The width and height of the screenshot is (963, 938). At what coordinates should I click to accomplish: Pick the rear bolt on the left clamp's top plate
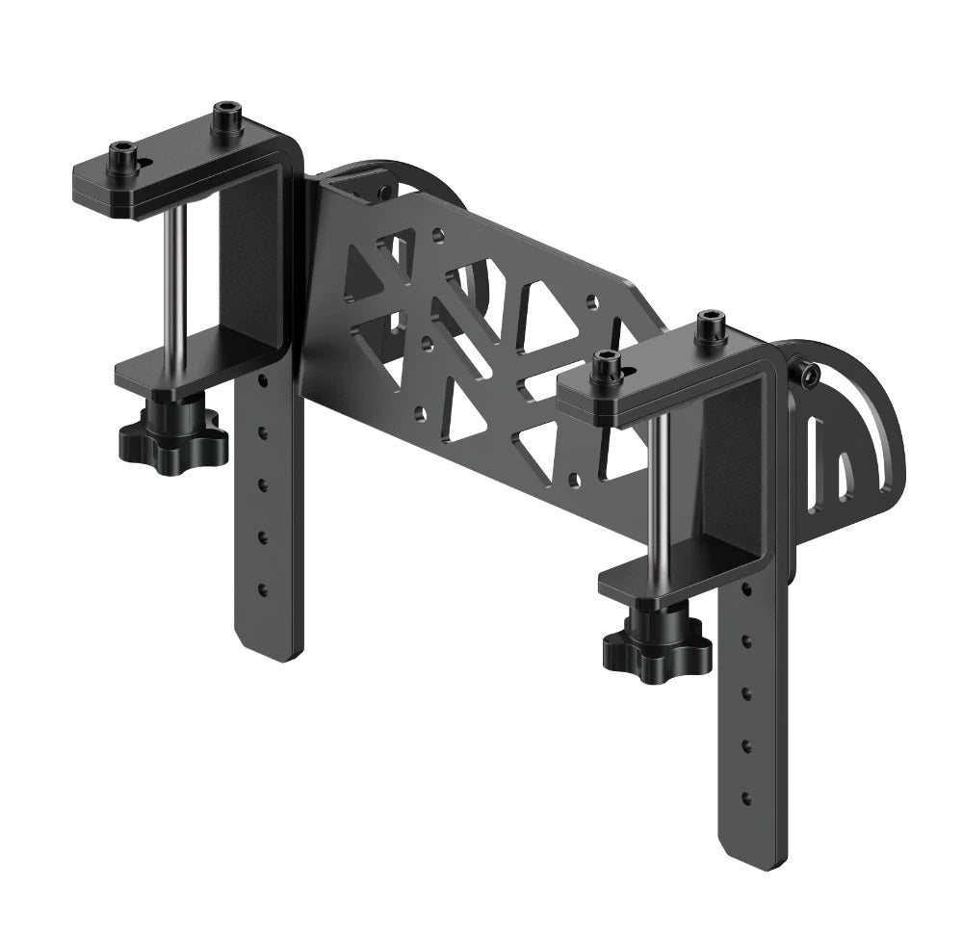226,117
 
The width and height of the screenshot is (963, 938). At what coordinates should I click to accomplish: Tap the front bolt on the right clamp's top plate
606,367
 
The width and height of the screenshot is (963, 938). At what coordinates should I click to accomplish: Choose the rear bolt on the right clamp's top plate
710,326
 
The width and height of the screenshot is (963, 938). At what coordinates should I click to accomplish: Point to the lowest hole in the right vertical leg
745,797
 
